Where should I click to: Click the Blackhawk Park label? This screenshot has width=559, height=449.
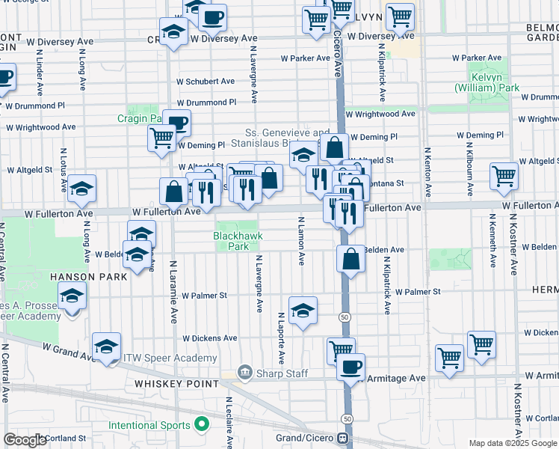(230, 240)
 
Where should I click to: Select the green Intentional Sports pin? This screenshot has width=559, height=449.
(200, 425)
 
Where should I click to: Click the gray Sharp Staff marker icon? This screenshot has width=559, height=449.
(244, 373)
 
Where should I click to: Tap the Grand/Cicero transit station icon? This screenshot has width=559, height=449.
(343, 438)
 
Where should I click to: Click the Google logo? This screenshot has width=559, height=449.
(25, 439)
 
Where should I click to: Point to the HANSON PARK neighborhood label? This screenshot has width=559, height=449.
(84, 276)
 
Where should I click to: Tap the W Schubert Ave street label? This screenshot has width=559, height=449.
(205, 82)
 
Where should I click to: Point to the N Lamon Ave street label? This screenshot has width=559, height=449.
(302, 241)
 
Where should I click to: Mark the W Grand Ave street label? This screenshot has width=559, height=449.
(68, 348)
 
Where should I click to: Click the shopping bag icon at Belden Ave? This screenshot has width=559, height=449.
(350, 260)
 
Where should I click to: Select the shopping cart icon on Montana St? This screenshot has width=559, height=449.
(504, 177)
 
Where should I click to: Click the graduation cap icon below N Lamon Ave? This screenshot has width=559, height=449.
(303, 311)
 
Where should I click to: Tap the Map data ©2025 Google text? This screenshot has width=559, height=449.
(512, 443)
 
